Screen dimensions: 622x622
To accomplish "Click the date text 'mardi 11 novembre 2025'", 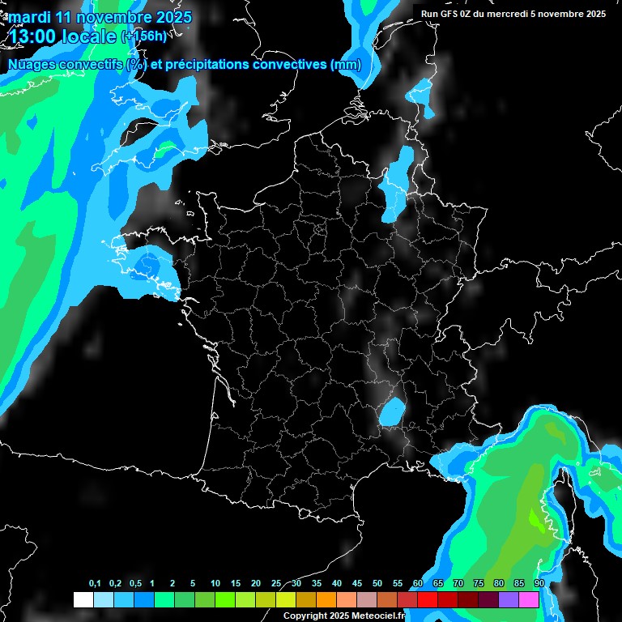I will point(100,17).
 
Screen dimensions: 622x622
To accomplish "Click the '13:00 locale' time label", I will point(62,36).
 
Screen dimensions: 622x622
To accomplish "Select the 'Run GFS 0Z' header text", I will point(450,14).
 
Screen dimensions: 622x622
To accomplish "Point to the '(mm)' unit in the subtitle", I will point(346,65).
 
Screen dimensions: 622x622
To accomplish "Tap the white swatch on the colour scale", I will point(83,600).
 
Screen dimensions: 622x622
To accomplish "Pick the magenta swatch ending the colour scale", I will point(529,600).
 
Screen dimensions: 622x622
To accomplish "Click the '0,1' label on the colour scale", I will point(95,584).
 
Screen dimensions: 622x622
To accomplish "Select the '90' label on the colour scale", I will point(539,584).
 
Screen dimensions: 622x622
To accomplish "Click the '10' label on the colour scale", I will point(215,584).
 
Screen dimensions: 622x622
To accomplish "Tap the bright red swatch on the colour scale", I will point(428,600).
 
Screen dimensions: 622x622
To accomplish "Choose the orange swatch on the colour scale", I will point(326,600).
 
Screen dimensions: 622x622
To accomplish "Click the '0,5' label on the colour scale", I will point(134,584).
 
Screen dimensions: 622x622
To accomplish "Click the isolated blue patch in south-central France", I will point(392,411).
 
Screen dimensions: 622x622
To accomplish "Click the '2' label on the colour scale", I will point(173,584).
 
